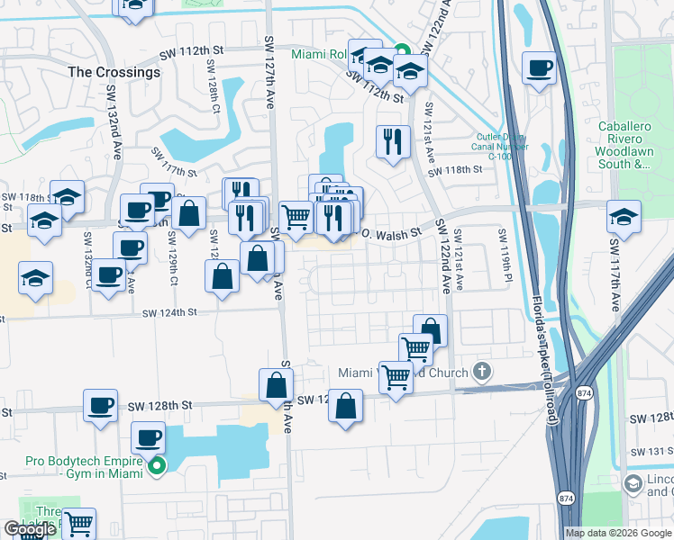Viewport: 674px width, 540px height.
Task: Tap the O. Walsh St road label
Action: click(x=391, y=233)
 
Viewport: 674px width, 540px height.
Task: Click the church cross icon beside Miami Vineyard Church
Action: click(x=483, y=372)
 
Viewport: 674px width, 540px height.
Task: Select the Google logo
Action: click(x=30, y=529)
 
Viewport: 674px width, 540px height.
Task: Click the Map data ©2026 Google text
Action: click(x=620, y=533)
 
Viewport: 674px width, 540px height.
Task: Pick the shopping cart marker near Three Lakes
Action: click(x=79, y=523)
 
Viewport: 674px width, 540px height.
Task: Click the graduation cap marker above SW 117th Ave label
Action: click(x=624, y=217)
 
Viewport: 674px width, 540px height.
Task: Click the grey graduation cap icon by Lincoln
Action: click(x=633, y=485)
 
